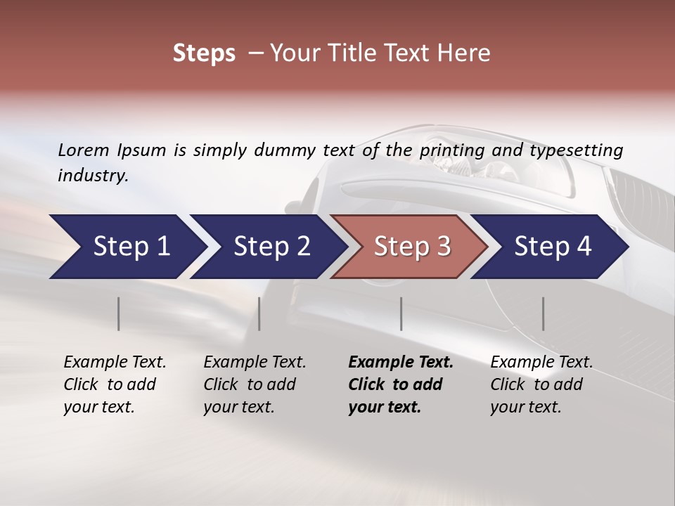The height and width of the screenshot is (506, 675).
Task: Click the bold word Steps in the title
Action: point(204,53)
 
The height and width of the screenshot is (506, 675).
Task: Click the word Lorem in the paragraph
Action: point(84,150)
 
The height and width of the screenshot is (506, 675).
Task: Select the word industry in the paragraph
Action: point(92,175)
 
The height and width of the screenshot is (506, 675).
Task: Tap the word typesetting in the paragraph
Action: point(576,150)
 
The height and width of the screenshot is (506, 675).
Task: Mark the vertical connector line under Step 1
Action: point(118,313)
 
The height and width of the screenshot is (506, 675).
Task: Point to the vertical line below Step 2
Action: point(259,313)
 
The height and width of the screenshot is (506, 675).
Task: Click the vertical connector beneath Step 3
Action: point(401,313)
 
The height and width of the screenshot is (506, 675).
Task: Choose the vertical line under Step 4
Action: point(543,313)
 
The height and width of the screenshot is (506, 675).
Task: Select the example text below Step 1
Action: point(115,384)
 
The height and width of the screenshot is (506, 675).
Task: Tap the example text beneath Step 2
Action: point(255,384)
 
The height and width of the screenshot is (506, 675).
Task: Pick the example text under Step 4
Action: point(541,384)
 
